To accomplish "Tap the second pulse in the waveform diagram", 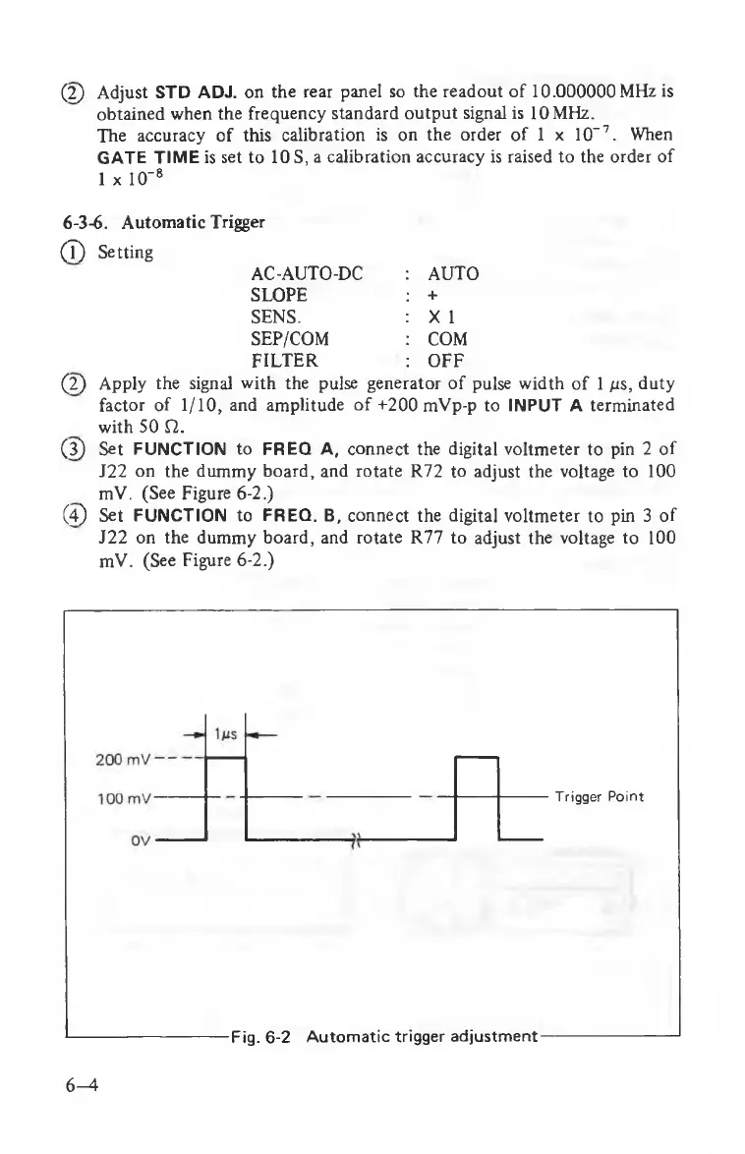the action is pyautogui.click(x=479, y=796).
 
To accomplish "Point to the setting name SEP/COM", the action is pyautogui.click(x=291, y=339).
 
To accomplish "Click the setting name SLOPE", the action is pyautogui.click(x=279, y=295).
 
